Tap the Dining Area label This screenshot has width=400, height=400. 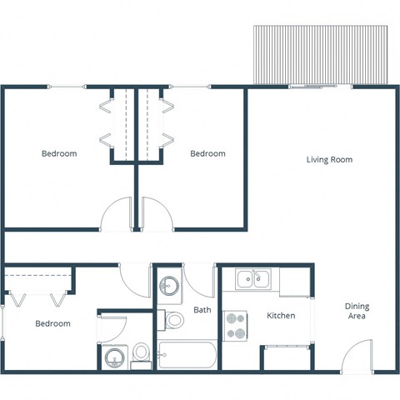pos(357,312)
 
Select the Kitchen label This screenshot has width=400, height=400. pos(281,316)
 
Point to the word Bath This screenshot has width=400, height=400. pos(202,310)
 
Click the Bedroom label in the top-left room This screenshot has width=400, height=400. pos(59,153)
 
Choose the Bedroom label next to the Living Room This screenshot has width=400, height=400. pos(207,153)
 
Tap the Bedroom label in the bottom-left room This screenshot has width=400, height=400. pos(52,323)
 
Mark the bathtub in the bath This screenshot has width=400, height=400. pos(187,357)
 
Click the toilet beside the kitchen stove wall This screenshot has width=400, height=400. pos(175,319)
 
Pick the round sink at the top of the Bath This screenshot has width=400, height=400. pos(169,286)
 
